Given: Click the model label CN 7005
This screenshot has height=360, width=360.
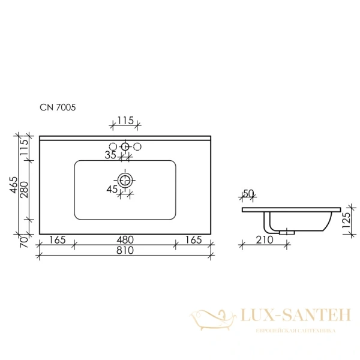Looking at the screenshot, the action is pos(58,107).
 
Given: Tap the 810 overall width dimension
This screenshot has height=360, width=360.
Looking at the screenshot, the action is pos(125,250).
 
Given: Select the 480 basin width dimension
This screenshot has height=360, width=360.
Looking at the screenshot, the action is pos(125,240).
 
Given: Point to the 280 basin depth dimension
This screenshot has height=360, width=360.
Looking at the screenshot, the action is pos(24,190).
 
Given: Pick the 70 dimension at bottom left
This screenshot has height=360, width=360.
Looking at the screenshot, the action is pos(24,242).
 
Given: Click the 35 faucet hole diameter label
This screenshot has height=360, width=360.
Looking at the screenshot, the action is pos(110,155).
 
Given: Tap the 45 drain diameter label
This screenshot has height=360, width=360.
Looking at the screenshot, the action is pos(112,190).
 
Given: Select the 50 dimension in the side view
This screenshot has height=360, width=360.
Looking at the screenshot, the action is pos(248,194).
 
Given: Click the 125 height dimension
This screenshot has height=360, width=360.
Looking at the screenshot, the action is pos(346,220).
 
